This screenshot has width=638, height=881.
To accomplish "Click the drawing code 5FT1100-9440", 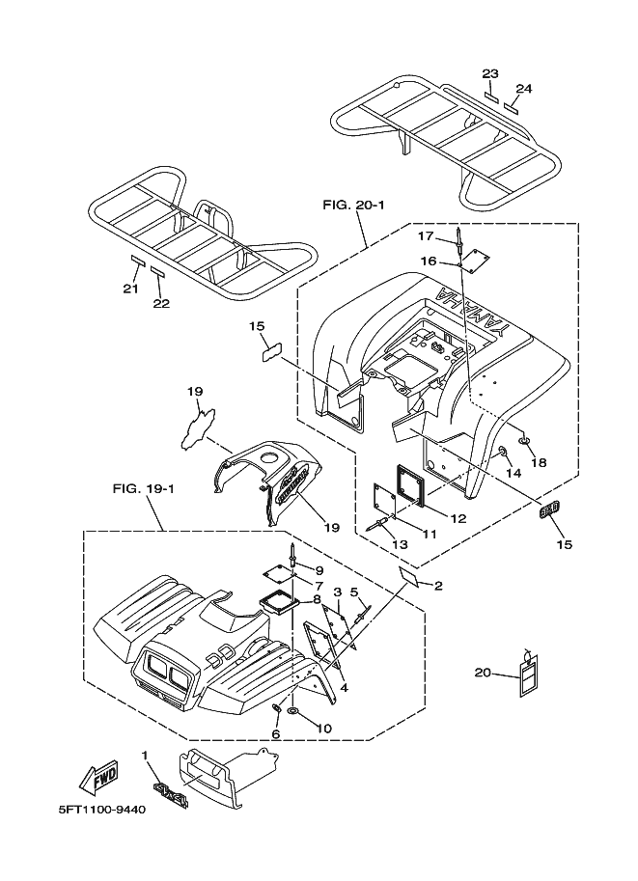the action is pyautogui.click(x=101, y=811).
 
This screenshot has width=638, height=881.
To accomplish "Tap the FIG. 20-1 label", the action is pyautogui.click(x=353, y=206).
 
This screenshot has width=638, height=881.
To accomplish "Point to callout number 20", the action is pyautogui.click(x=483, y=673).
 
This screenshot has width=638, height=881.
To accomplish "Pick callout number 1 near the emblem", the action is pyautogui.click(x=145, y=757).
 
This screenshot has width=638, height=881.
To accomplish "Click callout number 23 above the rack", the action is pyautogui.click(x=490, y=73).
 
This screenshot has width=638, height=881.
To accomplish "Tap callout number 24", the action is pyautogui.click(x=524, y=89).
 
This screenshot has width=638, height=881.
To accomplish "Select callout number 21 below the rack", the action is pyautogui.click(x=130, y=289).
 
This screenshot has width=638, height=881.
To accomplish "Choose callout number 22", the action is pyautogui.click(x=161, y=303).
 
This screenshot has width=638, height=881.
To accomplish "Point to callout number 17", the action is pyautogui.click(x=425, y=236).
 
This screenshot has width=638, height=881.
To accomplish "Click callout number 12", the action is pyautogui.click(x=458, y=518).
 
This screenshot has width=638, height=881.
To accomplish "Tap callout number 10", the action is pyautogui.click(x=323, y=729).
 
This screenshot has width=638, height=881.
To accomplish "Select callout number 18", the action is pyautogui.click(x=539, y=462).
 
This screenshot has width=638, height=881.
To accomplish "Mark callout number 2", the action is pyautogui.click(x=438, y=586).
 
